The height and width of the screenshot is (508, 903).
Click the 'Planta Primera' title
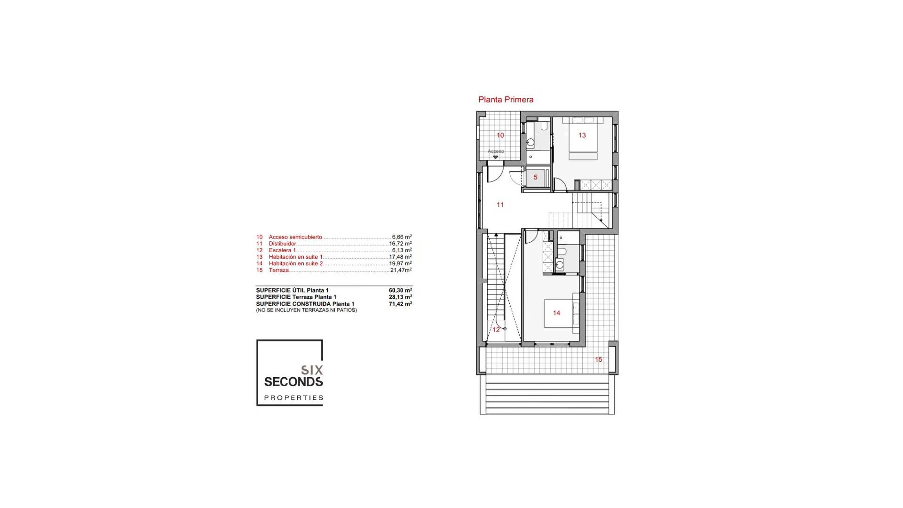[x=506, y=100]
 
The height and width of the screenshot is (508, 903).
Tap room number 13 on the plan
[x=582, y=135]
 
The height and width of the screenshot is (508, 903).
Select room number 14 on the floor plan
[x=556, y=313]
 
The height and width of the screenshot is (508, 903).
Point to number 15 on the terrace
[x=598, y=359]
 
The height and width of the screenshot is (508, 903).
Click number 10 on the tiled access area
[x=500, y=135]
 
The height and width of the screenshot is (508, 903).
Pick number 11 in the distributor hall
[x=500, y=205]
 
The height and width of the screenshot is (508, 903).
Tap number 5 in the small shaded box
[x=535, y=177]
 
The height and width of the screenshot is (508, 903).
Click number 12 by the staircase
[x=496, y=330]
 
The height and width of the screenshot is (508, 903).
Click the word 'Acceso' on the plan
[x=496, y=151]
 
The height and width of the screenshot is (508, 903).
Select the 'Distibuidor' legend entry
[x=282, y=244]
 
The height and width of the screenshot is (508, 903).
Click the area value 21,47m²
[x=401, y=270]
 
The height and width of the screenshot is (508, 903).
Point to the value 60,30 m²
[x=400, y=290]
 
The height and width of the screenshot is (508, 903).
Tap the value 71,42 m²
[x=400, y=304]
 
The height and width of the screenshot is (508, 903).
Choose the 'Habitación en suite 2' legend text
[x=295, y=263]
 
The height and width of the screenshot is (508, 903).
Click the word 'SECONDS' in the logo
[x=293, y=381]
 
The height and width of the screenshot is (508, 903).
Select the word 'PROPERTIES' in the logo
[x=293, y=398]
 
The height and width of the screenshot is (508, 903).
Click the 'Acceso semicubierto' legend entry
[x=295, y=237]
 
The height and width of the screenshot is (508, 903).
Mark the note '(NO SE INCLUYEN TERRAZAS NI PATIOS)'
[x=306, y=310]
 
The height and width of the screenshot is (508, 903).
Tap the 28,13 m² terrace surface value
[x=400, y=297]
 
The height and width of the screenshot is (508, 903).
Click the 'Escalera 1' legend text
[x=282, y=250]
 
